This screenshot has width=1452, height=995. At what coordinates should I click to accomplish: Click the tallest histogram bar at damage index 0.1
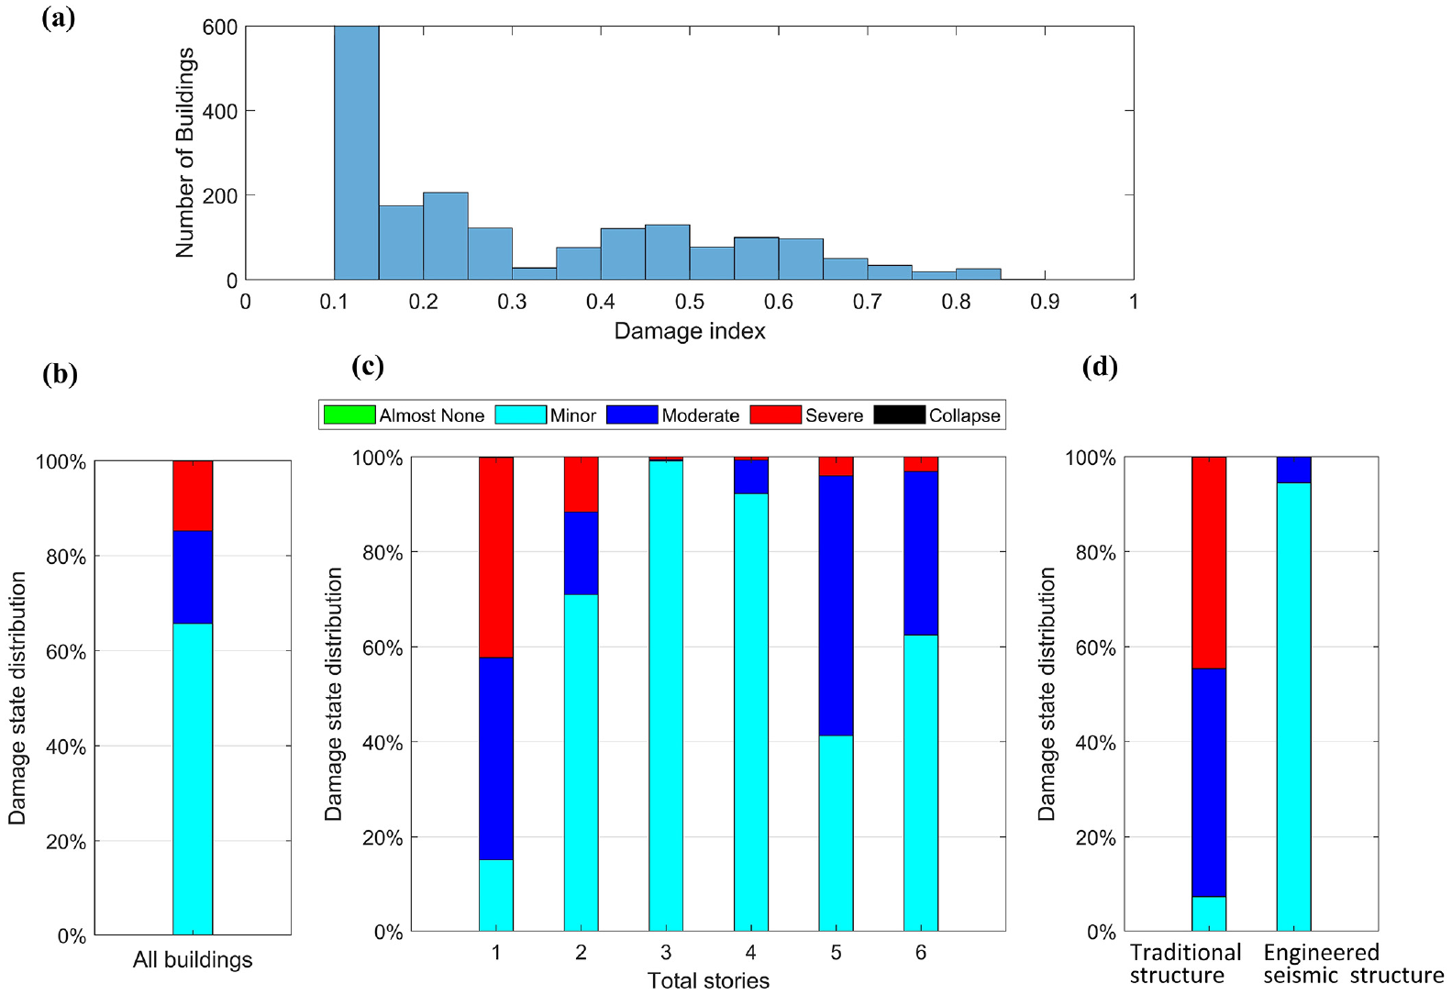pyautogui.click(x=357, y=153)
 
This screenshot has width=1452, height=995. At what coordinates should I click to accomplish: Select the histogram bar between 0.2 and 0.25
pyautogui.click(x=446, y=236)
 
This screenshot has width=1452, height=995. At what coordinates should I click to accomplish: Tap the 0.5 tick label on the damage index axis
pyautogui.click(x=689, y=302)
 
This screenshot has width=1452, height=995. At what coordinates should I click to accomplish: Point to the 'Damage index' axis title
pyautogui.click(x=690, y=331)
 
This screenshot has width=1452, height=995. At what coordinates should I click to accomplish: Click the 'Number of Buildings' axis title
pyautogui.click(x=185, y=153)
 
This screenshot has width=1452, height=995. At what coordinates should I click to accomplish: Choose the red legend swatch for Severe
pyautogui.click(x=775, y=415)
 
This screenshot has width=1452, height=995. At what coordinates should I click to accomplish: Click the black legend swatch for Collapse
pyautogui.click(x=899, y=415)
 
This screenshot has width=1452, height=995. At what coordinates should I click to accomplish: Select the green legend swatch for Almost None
pyautogui.click(x=349, y=415)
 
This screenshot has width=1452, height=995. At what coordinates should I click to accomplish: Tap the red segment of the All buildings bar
pyautogui.click(x=193, y=496)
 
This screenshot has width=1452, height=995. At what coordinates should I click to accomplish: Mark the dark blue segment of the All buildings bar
pyautogui.click(x=193, y=577)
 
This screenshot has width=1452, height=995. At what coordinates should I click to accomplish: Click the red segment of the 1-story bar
pyautogui.click(x=496, y=558)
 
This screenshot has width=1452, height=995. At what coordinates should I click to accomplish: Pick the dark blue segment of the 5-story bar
pyautogui.click(x=836, y=605)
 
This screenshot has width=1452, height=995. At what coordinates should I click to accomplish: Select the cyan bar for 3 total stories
pyautogui.click(x=666, y=695)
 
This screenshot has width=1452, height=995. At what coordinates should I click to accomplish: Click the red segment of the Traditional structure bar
pyautogui.click(x=1209, y=563)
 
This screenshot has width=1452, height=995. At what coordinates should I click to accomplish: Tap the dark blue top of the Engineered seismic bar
pyautogui.click(x=1294, y=470)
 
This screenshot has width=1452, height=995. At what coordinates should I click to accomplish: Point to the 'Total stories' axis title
pyautogui.click(x=708, y=980)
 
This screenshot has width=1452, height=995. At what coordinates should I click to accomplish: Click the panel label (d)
pyautogui.click(x=1100, y=368)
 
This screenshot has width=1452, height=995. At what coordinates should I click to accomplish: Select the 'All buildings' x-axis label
pyautogui.click(x=193, y=960)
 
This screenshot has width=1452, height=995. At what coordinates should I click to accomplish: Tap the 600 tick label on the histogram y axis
pyautogui.click(x=220, y=28)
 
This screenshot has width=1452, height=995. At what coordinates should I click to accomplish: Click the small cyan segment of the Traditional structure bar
pyautogui.click(x=1209, y=914)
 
